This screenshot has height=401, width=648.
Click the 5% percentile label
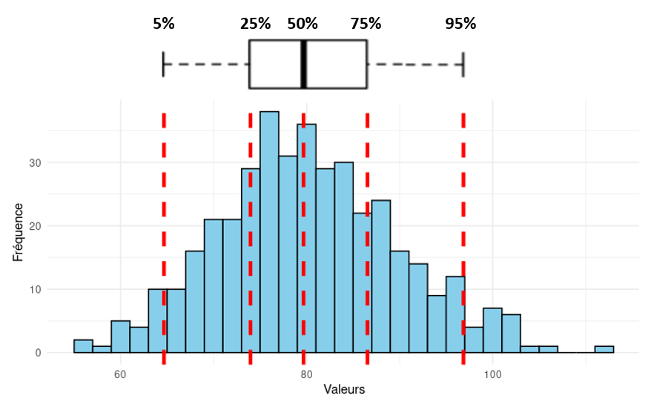tap(164, 23)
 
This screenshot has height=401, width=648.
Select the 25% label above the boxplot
tap(256, 23)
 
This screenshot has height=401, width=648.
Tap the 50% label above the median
tap(302, 23)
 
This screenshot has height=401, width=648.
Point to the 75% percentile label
tap(366, 23)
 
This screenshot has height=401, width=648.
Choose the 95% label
tap(460, 23)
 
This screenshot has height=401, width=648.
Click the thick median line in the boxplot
tap(304, 64)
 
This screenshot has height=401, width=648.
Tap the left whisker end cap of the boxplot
tap(163, 64)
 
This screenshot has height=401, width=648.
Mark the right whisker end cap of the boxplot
tap(463, 64)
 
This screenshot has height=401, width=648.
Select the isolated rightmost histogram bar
tap(604, 349)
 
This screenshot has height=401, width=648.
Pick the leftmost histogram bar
tap(83, 346)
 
